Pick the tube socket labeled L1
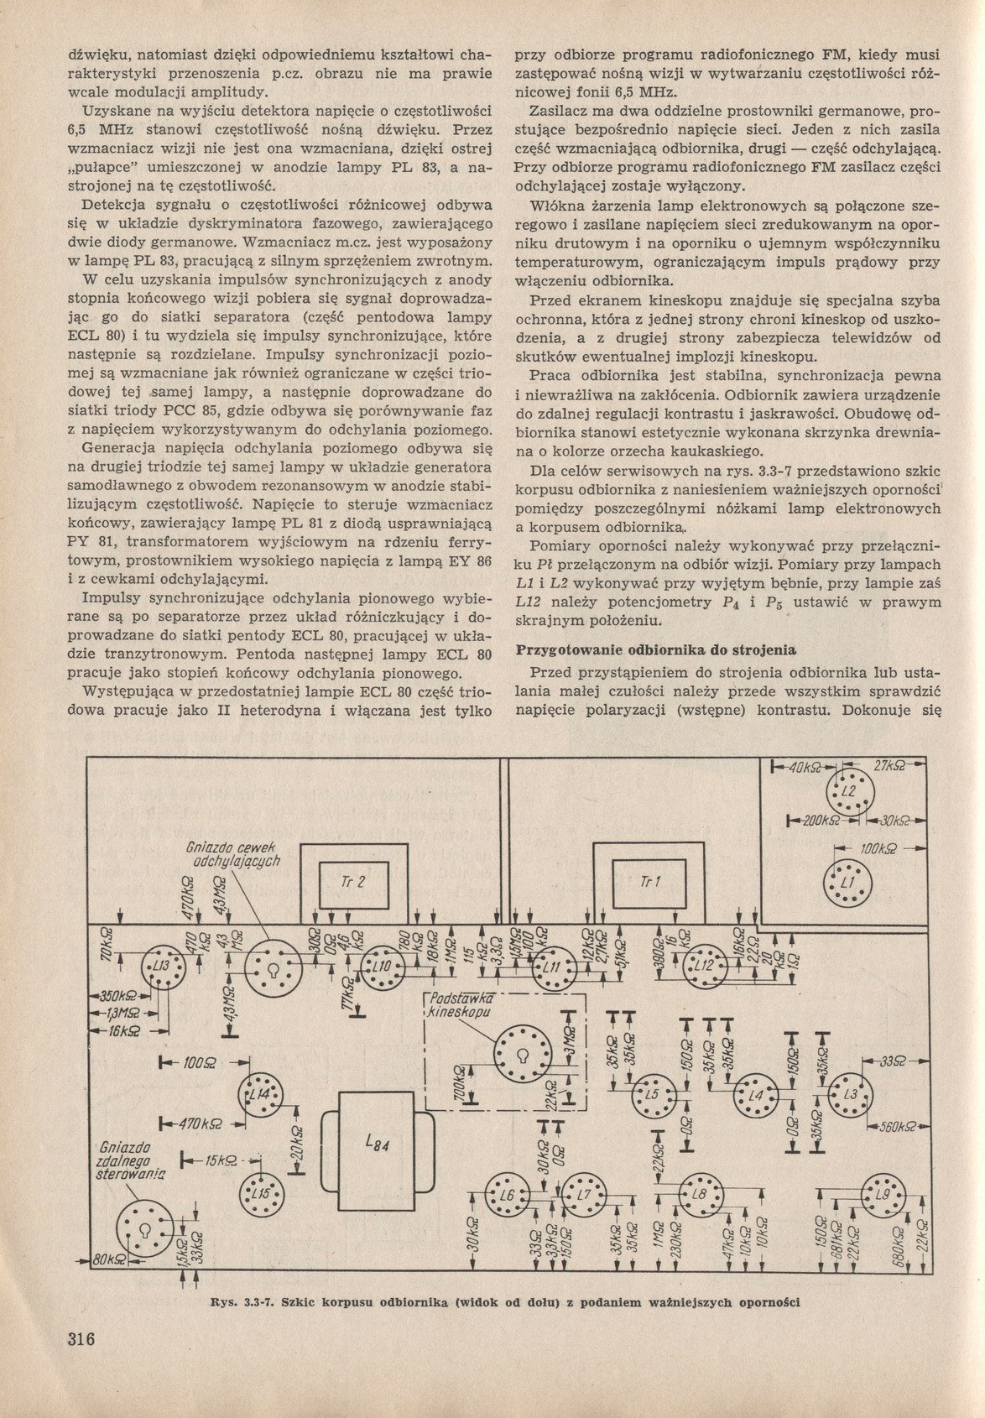pos(846,884)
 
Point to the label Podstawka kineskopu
pos(459,1004)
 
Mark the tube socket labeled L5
pos(652,1095)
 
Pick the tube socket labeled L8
pos(699,1193)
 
